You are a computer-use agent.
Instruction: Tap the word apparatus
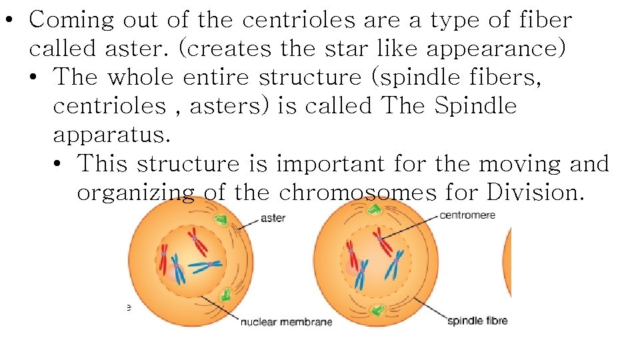pos(111,135)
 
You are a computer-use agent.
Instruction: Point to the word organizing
pos(136,192)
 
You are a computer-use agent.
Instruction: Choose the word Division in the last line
pos(535,192)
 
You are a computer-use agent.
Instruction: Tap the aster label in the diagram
pos(273,218)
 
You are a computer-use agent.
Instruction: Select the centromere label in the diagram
pos(467,215)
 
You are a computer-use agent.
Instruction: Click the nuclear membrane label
pos(286,323)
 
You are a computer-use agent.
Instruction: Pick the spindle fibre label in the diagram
pos(477,321)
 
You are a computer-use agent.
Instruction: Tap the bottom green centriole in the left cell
pos(228,294)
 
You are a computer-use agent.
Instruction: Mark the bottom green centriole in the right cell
pos(378,309)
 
